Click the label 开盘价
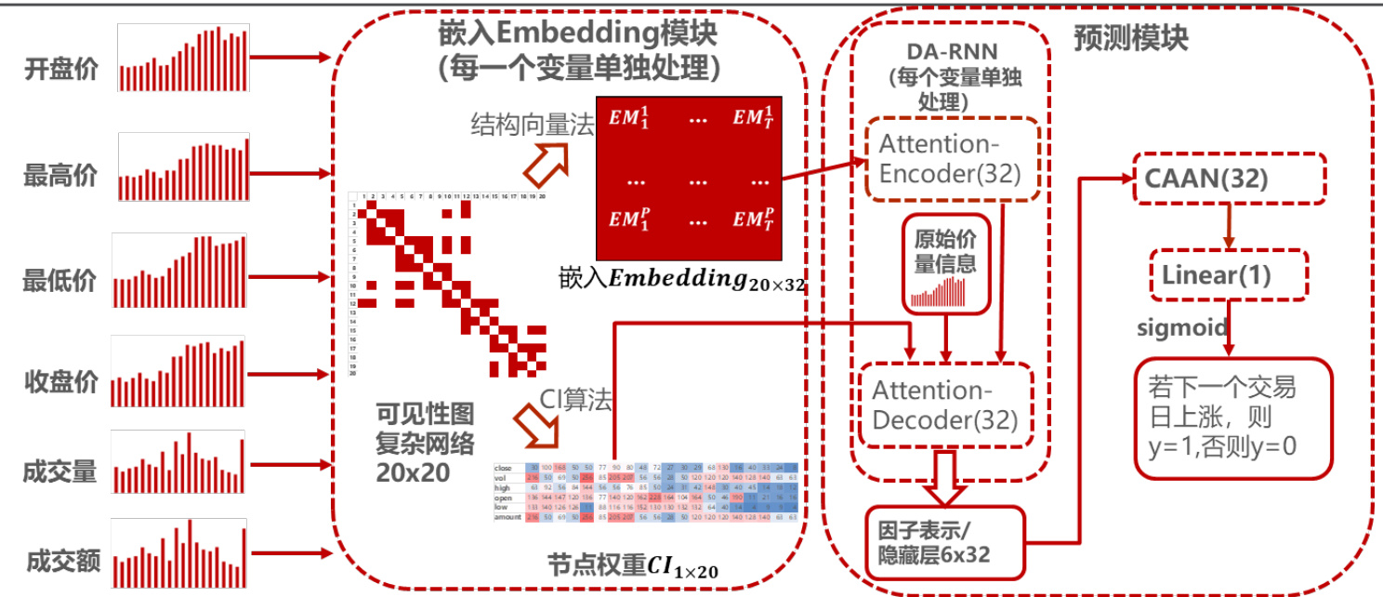[x=60, y=71]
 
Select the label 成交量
[x=60, y=471]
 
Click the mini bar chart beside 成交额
[x=178, y=553]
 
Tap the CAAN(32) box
[x=1205, y=179]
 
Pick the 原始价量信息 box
[x=945, y=263]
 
